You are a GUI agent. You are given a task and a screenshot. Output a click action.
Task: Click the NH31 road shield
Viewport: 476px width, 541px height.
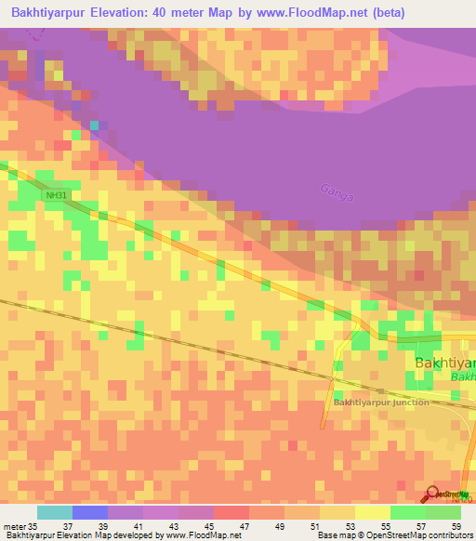[x=57, y=195]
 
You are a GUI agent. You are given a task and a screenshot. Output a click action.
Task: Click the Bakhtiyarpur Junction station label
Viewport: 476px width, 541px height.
[x=381, y=402]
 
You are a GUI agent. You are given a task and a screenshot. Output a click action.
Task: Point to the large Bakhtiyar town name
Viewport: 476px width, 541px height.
[x=444, y=363]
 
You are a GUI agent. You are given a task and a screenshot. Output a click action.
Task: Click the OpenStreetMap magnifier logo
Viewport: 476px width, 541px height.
[x=433, y=495]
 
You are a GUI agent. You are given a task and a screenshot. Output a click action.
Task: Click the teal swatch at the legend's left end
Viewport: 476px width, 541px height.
[x=54, y=512]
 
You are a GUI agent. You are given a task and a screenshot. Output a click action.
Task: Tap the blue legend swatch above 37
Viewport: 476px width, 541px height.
[x=89, y=512]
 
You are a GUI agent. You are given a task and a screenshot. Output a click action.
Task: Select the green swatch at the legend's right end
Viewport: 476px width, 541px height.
[x=443, y=512]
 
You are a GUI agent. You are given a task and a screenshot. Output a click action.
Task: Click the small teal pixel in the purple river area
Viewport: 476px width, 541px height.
[x=93, y=125]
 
